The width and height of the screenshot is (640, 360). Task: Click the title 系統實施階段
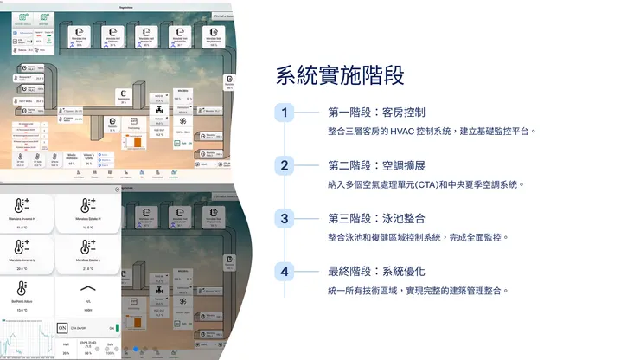(340, 74)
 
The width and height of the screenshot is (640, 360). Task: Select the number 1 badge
(285, 112)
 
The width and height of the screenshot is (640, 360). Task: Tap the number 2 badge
(285, 165)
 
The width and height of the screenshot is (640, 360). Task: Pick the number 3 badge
(285, 218)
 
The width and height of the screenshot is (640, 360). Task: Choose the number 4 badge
(285, 272)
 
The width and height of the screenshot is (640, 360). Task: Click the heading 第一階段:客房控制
(376, 112)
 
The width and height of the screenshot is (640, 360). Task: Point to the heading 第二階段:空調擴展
(376, 165)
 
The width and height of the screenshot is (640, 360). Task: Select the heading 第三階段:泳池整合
(376, 218)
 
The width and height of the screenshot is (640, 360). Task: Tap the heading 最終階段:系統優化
(376, 272)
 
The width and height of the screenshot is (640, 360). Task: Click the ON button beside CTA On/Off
(61, 329)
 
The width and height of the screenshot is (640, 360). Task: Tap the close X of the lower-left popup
(117, 190)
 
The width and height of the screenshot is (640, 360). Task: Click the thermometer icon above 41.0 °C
(20, 205)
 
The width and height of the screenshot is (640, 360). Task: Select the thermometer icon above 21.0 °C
(87, 247)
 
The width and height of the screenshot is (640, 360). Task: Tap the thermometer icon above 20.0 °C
(20, 247)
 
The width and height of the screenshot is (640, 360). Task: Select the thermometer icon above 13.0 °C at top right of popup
(87, 205)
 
